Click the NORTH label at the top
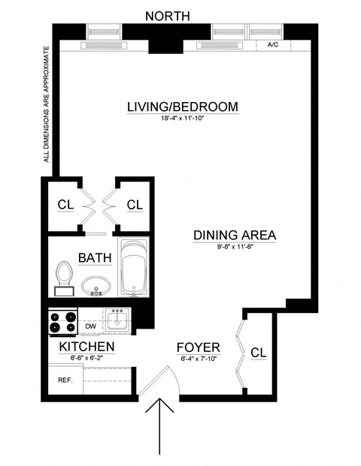(x=167, y=16)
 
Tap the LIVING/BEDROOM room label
(x=182, y=107)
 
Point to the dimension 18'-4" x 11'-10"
(x=182, y=119)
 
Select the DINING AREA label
(x=235, y=235)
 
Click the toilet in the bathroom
(x=63, y=278)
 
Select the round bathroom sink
(x=96, y=287)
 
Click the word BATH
(x=94, y=258)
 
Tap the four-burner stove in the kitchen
(x=62, y=321)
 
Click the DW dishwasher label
(x=90, y=327)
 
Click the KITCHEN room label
(x=86, y=347)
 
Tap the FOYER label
(x=198, y=347)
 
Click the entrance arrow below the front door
(x=161, y=428)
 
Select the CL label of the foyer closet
(x=258, y=352)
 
